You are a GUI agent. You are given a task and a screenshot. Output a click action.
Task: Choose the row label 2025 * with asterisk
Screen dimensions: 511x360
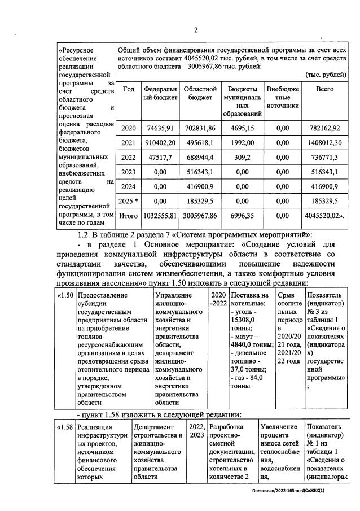(x=128, y=201)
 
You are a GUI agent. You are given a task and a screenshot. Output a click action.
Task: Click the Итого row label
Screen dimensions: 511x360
(x=128, y=216)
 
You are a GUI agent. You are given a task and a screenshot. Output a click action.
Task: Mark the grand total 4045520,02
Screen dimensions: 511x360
(x=326, y=216)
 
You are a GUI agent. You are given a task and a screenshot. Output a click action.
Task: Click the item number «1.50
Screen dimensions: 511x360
(x=65, y=295)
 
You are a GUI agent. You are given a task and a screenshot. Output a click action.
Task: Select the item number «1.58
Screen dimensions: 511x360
(x=65, y=427)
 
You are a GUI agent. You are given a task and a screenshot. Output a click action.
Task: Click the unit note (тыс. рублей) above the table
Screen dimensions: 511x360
(x=326, y=75)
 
